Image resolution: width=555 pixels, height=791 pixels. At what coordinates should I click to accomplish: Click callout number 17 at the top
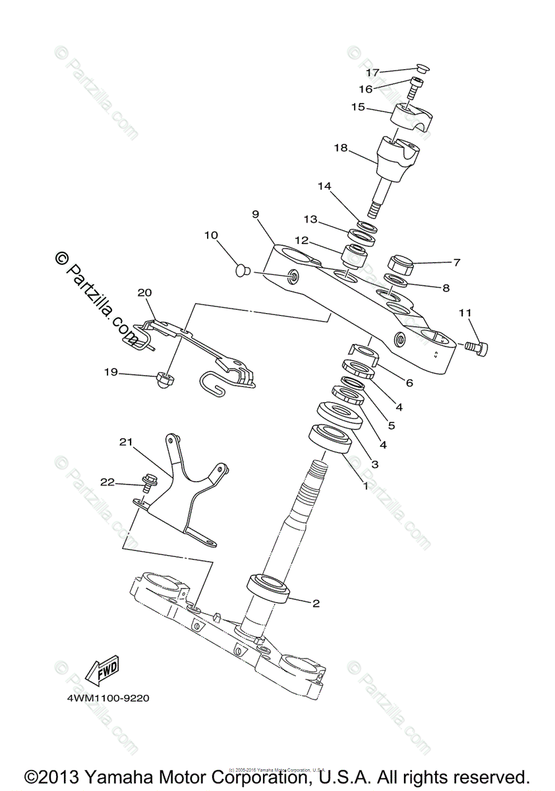[x=373, y=72]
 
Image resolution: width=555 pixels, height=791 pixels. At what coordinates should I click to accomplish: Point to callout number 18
[x=340, y=148]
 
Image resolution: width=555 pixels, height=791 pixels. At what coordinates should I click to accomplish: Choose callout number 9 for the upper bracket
[x=255, y=214]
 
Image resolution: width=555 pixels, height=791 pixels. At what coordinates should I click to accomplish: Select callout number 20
[x=144, y=292]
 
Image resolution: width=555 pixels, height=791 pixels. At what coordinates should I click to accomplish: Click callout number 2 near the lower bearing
[x=316, y=603]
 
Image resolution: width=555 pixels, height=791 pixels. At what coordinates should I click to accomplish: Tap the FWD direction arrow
[x=102, y=672]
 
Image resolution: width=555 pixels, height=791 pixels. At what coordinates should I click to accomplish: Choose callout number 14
[x=324, y=187]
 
